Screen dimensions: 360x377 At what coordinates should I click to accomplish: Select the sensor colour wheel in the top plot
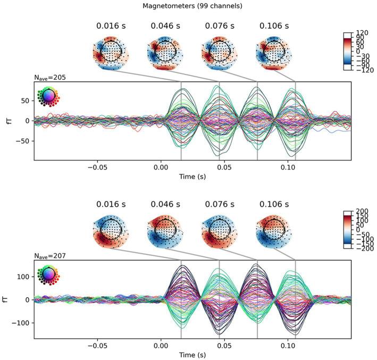pos(48,96)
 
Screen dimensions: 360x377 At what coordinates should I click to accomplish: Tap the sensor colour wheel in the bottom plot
pos(48,274)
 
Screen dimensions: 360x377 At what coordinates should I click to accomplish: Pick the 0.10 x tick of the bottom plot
pos(288,345)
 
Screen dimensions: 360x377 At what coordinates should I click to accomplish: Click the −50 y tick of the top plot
pos(24,141)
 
